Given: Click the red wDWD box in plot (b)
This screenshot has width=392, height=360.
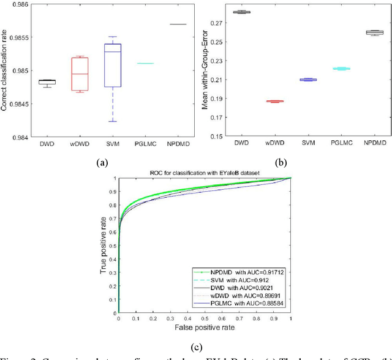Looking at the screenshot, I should pos(275,101).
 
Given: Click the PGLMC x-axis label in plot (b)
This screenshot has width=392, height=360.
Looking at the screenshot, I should pos(341,146).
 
